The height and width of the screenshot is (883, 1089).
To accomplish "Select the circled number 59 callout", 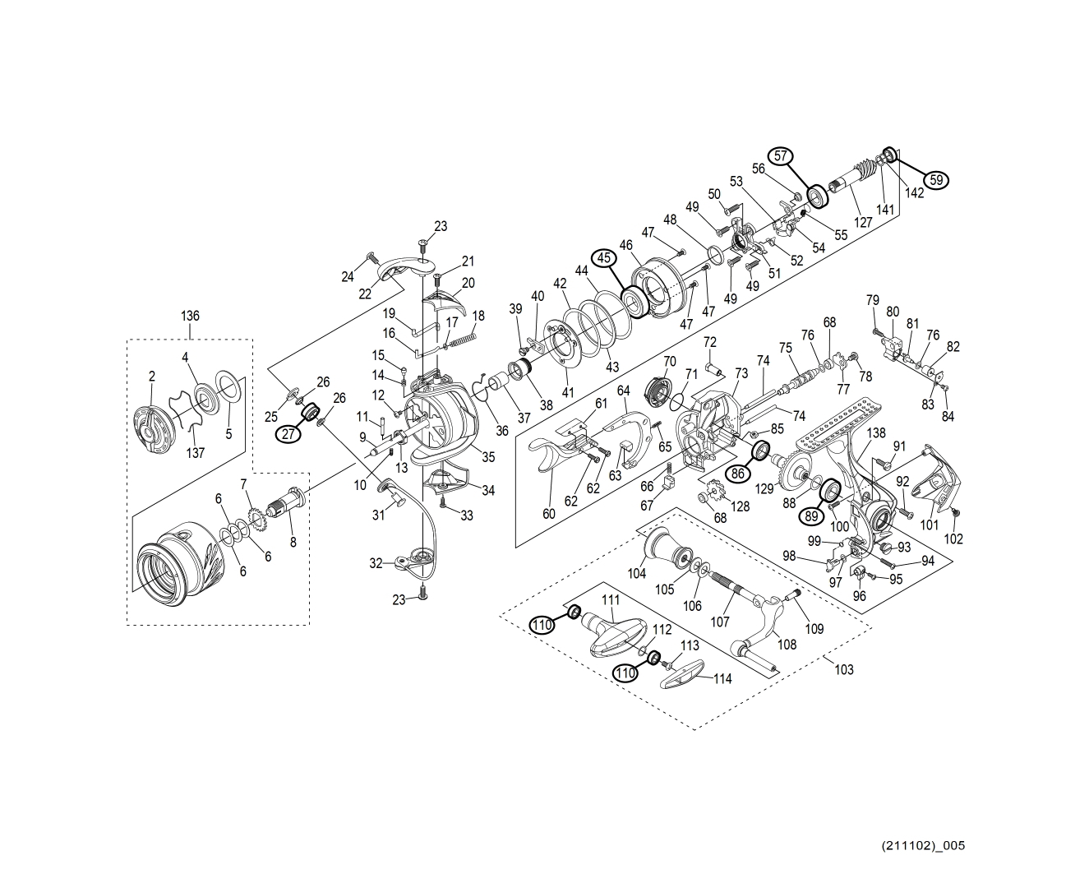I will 935,179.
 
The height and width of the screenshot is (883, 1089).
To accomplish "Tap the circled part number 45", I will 605,258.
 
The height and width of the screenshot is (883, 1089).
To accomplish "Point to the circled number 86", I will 737,473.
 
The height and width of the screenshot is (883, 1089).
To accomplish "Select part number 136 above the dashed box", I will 190,316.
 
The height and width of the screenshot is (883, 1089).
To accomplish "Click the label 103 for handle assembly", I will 844,669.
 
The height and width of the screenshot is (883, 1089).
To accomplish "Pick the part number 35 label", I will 488,457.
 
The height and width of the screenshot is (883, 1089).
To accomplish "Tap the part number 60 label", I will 549,514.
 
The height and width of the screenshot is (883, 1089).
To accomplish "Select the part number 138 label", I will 876,432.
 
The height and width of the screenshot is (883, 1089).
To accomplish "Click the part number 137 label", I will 195,452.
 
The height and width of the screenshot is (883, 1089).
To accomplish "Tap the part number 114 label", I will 722,679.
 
